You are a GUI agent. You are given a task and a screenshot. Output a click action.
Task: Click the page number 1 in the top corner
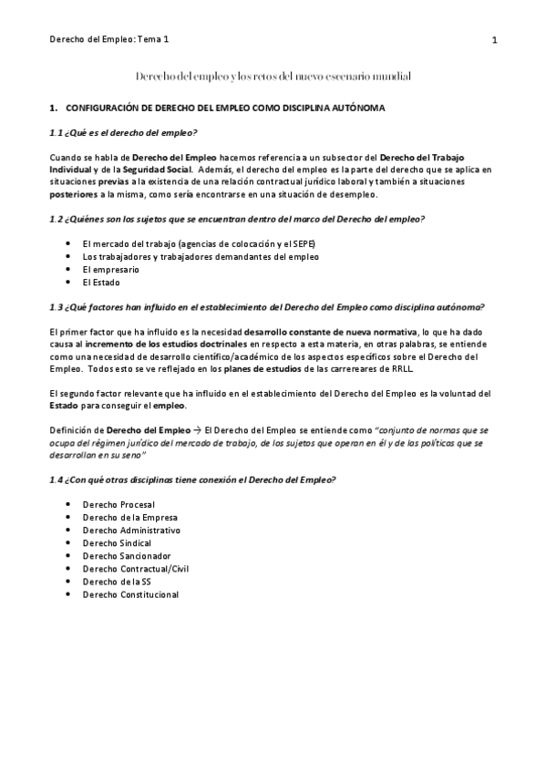(493, 40)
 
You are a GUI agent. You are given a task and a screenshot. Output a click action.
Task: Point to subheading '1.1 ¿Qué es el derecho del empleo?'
(124, 133)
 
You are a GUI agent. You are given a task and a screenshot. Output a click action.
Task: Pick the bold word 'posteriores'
(75, 194)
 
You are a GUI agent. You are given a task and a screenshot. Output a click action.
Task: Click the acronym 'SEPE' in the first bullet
(302, 244)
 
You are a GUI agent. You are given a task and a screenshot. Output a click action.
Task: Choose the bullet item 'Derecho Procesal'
(118, 504)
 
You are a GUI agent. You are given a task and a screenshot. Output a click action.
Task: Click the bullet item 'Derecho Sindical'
(117, 542)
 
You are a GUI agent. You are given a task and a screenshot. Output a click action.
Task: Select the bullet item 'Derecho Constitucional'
(130, 594)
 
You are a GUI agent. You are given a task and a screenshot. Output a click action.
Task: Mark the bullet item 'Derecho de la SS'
(117, 582)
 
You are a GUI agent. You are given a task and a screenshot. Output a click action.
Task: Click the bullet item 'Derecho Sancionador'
(127, 555)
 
